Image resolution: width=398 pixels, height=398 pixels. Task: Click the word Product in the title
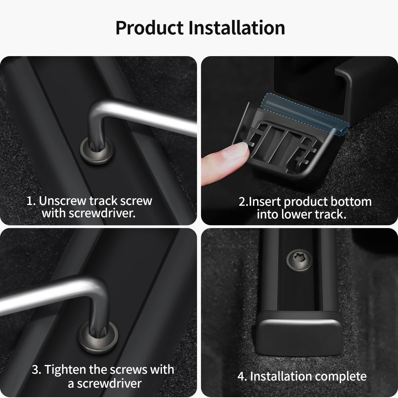tap(149, 28)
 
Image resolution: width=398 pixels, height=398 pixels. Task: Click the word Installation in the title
tap(236, 28)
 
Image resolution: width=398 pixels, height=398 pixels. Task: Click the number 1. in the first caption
tap(31, 201)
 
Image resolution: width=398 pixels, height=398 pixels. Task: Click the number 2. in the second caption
tap(243, 202)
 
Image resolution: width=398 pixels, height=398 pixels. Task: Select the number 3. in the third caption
tap(37, 369)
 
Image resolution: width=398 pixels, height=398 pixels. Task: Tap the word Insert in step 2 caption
tap(265, 202)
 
